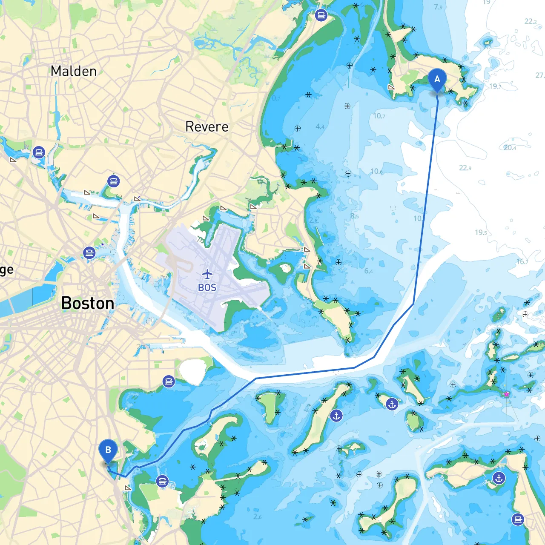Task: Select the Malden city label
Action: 74,71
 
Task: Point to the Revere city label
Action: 207,126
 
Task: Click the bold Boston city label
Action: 88,303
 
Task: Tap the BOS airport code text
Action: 207,288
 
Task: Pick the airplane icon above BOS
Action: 207,274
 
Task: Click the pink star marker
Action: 507,395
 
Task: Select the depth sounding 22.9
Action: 465,168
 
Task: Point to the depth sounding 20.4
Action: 510,148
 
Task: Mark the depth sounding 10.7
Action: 379,116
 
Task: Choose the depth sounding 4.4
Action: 320,126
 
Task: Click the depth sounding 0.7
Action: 276,98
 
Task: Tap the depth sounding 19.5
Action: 481,232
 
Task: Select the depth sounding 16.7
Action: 522,261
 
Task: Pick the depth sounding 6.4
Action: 368,271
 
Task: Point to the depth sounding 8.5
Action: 354,216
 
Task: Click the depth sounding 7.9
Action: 438,7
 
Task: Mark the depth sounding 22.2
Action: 531,21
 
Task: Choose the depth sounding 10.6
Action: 376,171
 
